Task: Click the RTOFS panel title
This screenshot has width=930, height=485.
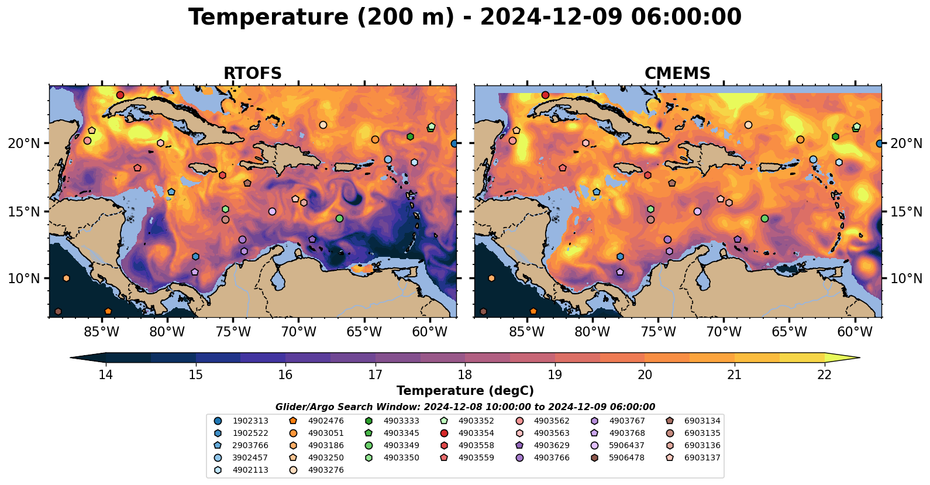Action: (253, 74)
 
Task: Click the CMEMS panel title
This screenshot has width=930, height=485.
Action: (677, 74)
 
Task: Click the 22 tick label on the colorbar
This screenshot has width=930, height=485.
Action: (824, 374)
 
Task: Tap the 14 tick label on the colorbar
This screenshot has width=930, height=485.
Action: (105, 374)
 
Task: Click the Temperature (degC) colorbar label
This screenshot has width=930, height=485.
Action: (465, 391)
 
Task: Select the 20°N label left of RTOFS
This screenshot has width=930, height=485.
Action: (24, 143)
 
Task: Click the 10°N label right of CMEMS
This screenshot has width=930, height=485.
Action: (906, 278)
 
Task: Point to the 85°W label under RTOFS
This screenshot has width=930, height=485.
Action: (102, 332)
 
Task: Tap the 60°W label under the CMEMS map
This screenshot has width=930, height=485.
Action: (855, 332)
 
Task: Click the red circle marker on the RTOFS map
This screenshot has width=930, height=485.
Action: (120, 95)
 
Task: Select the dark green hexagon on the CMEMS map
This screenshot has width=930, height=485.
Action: (835, 136)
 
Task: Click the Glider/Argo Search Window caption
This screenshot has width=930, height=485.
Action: (465, 407)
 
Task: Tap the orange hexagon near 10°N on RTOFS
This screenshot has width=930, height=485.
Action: (66, 278)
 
